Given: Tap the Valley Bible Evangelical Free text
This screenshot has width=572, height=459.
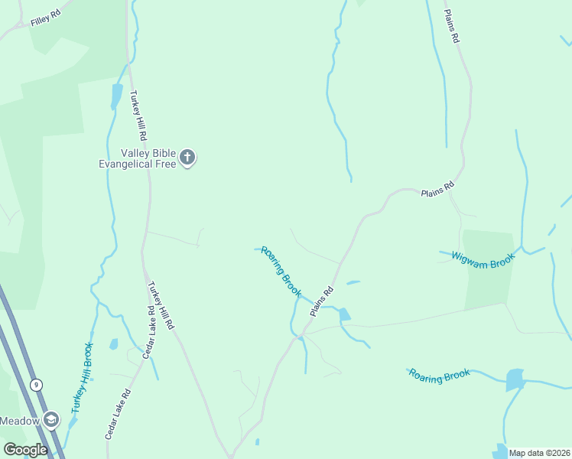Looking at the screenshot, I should (x=138, y=158).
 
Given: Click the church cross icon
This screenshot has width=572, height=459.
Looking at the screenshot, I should (x=187, y=159).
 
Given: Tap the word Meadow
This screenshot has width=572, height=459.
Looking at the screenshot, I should (x=19, y=420).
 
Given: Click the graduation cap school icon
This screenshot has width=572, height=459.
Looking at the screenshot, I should (x=50, y=420).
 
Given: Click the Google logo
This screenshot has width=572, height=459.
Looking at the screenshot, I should (x=24, y=450).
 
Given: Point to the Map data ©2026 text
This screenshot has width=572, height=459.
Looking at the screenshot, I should (x=539, y=453).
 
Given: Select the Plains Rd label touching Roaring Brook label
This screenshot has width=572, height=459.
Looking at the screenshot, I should (x=322, y=301).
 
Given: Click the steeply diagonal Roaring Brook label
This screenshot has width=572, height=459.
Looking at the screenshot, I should (x=281, y=272).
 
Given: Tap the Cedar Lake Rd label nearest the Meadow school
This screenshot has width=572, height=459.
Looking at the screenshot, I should (x=119, y=413).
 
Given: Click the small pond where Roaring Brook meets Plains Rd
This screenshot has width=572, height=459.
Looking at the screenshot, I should (x=345, y=314).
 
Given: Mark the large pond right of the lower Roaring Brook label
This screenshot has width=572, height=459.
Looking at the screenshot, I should (x=515, y=379).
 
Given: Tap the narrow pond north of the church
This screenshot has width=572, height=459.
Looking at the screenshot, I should (x=117, y=96).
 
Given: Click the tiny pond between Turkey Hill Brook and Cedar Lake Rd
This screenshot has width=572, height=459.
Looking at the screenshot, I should (x=114, y=344).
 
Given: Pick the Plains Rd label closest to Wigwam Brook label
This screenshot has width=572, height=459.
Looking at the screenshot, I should (x=437, y=190).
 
